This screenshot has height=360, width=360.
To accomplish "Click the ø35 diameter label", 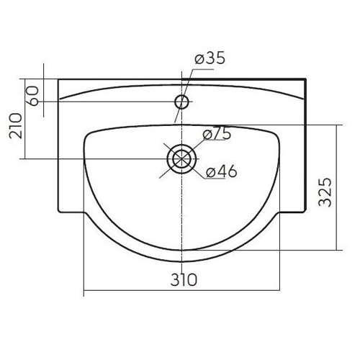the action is (210, 58).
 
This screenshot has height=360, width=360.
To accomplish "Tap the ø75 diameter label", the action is (217, 133).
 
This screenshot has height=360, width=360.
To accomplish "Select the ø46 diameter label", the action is (222, 171).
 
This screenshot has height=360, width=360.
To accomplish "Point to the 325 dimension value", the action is (325, 192).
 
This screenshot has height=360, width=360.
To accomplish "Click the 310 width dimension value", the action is (184, 279).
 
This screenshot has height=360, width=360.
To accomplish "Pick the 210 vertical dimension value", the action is (15, 126).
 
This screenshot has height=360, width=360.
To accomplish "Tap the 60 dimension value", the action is (33, 96).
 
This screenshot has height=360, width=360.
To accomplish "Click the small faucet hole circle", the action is (181, 102).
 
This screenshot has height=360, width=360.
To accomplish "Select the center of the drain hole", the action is (181, 159).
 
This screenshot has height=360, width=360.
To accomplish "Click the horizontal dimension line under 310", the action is (181, 290).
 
